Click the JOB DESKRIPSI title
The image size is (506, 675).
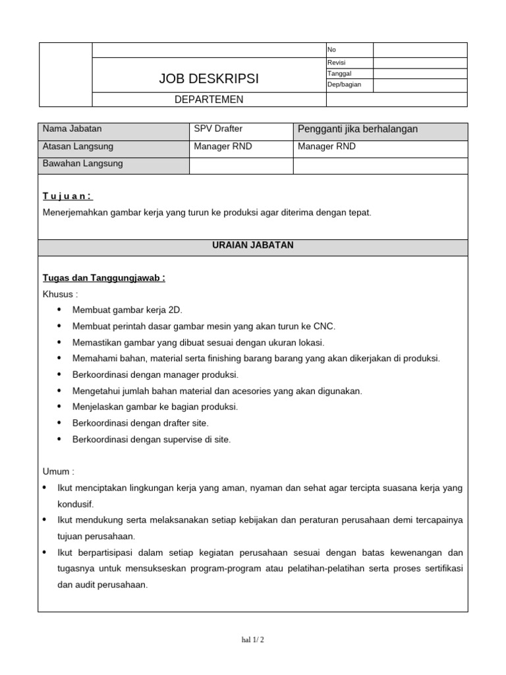click(209, 79)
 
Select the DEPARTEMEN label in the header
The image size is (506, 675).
click(209, 100)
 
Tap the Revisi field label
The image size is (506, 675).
click(336, 63)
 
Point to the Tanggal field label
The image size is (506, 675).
click(339, 74)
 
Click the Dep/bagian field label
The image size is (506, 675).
click(344, 85)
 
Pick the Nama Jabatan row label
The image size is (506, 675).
click(72, 129)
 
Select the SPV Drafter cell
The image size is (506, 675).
click(218, 129)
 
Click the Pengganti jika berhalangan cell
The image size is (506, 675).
click(358, 129)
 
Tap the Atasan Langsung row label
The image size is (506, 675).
click(78, 146)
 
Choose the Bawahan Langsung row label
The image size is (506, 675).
click(82, 163)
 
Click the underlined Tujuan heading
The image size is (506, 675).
click(68, 196)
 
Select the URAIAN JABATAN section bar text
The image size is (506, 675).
click(253, 245)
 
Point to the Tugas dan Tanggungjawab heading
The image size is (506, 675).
click(103, 278)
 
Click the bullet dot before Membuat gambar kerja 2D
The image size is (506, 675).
click(60, 310)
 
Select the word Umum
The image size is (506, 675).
click(58, 472)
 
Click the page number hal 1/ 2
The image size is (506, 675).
click(253, 639)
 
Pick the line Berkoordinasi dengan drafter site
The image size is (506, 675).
click(140, 423)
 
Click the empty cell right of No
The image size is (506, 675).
click(420, 50)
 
